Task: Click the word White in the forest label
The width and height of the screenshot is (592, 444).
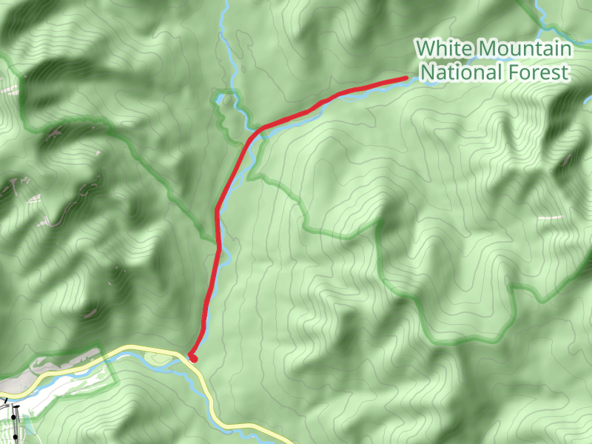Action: [x=443, y=50]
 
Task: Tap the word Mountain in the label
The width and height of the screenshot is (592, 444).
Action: [x=523, y=50]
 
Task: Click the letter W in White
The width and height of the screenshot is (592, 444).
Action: [x=425, y=50]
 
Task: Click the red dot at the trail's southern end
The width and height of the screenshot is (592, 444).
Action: [x=193, y=358]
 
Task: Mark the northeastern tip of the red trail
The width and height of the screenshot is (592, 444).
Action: [x=405, y=78]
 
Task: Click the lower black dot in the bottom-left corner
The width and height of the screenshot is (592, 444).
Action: [x=15, y=437]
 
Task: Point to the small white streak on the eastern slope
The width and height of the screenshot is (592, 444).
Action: [x=550, y=218]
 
